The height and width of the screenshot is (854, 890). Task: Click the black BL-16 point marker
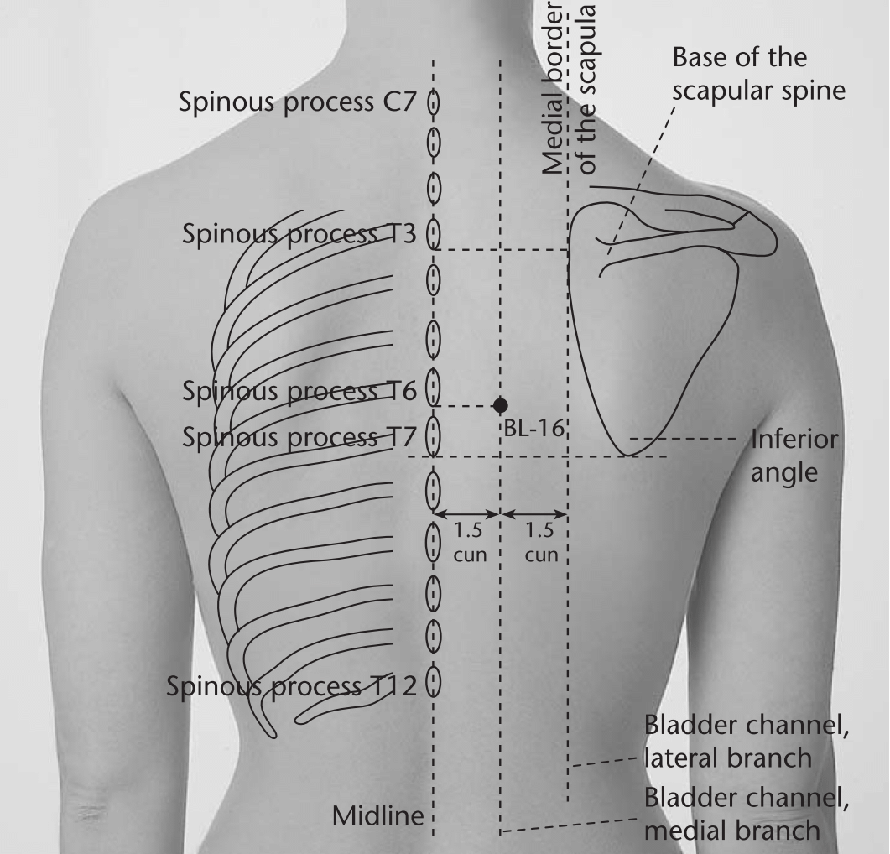pos(500,405)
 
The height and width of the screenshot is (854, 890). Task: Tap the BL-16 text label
pos(534,428)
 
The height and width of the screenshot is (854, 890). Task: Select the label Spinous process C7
pos(298,103)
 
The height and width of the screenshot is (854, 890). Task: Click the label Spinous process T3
pos(299,234)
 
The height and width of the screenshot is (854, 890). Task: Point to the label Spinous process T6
pos(299,391)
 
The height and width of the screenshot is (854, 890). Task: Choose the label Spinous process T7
pos(299,437)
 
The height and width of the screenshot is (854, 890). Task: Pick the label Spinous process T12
pos(291,686)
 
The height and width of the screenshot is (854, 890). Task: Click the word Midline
pos(378,816)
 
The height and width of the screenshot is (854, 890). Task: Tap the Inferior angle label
pos(794,456)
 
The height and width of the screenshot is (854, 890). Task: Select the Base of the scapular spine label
pos(759,74)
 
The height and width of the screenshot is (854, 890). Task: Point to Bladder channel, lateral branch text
pos(747,742)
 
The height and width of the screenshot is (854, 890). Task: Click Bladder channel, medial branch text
pos(747,814)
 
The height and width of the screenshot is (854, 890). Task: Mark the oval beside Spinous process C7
pos(434,103)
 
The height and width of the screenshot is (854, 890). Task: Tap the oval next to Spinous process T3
pos(434,233)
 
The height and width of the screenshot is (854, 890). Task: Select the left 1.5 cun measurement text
pos(470,542)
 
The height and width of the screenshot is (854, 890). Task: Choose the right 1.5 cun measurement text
pos(541,542)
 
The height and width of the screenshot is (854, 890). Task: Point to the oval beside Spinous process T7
pos(434,435)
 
